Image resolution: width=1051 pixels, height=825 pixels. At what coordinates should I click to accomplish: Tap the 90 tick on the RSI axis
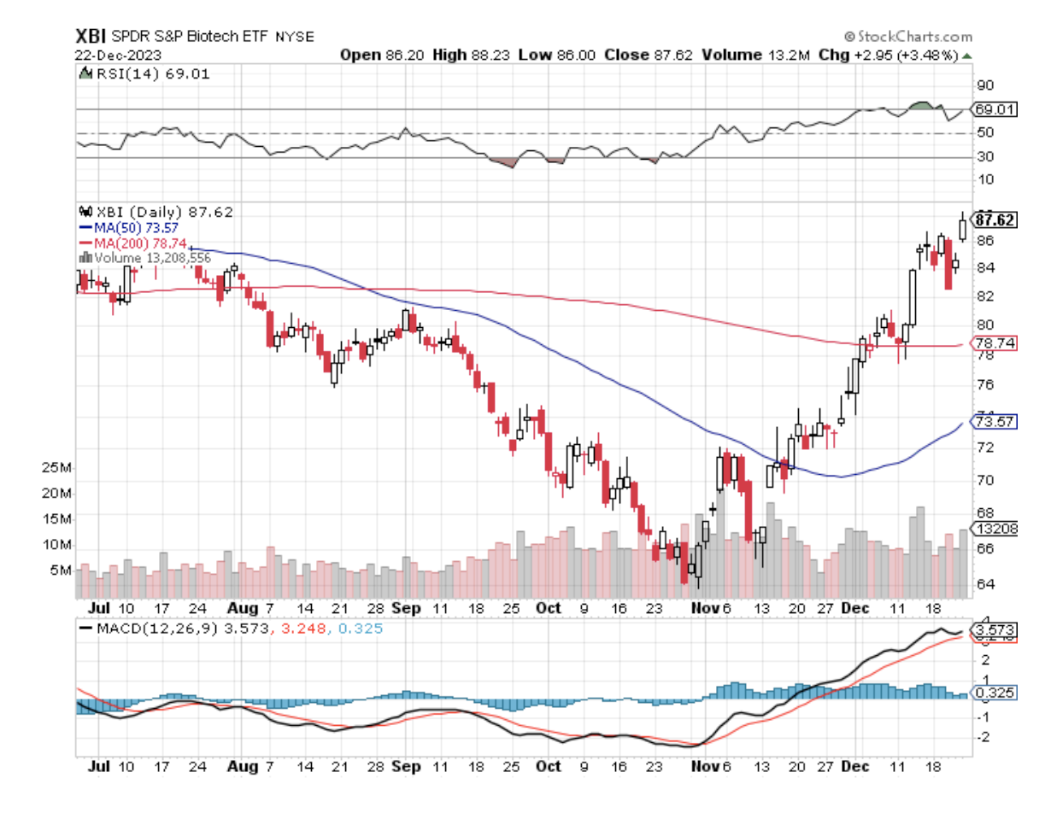pyautogui.click(x=986, y=85)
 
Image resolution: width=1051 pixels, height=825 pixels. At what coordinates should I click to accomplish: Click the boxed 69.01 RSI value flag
pyautogui.click(x=995, y=110)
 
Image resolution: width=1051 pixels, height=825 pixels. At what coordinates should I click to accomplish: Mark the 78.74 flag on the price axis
pyautogui.click(x=994, y=342)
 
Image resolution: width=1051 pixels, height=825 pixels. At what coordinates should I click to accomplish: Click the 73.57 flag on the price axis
pyautogui.click(x=994, y=422)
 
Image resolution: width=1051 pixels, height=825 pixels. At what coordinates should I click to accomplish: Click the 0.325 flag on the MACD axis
pyautogui.click(x=995, y=693)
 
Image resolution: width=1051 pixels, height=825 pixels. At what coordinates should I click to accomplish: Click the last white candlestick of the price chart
pyautogui.click(x=964, y=228)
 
